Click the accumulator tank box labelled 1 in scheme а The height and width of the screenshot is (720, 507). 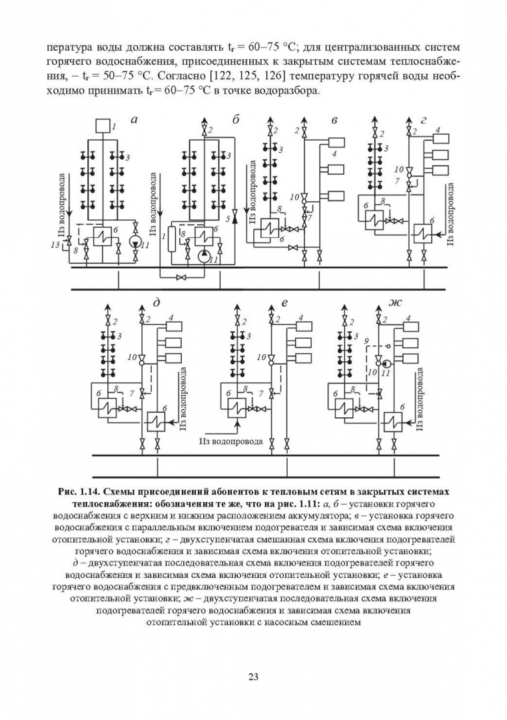click(104, 125)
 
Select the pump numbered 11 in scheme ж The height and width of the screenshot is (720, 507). click(385, 373)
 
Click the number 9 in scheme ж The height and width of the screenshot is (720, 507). click(366, 341)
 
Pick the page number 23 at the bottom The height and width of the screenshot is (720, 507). click(253, 677)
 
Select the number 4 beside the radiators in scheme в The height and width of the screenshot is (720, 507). click(336, 155)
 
